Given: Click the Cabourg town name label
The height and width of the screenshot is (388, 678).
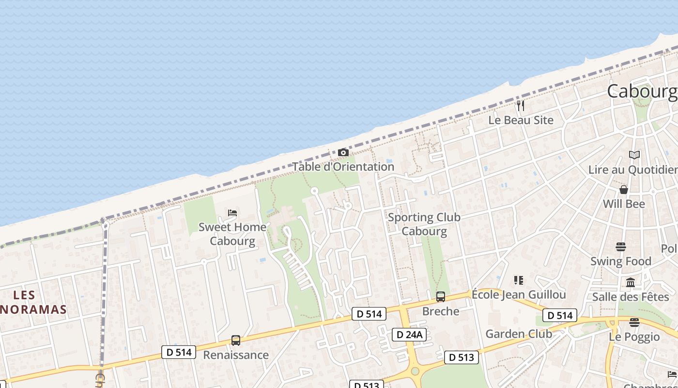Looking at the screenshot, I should [x=642, y=91].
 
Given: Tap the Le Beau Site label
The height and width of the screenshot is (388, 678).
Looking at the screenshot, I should [x=521, y=120].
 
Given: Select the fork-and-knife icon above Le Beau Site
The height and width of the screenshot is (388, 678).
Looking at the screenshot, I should [x=521, y=105].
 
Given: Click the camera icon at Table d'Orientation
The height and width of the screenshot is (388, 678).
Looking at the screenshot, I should [x=343, y=153].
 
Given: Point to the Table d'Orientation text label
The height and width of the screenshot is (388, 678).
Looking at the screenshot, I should [x=343, y=166].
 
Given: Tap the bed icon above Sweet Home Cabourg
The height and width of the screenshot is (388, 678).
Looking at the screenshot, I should [x=232, y=212].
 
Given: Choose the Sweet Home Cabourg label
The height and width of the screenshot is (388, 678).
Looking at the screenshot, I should [x=232, y=233].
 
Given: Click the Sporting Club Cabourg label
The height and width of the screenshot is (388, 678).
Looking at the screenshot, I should [x=424, y=224].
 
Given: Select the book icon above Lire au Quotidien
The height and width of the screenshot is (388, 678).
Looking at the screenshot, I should [x=634, y=155].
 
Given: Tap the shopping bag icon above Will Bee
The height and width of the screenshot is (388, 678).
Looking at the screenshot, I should [x=624, y=189].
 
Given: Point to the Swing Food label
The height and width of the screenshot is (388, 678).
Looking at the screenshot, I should [x=621, y=261].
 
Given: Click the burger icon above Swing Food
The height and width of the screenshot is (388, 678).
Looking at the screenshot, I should [x=621, y=247].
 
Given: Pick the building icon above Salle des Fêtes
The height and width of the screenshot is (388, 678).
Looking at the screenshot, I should [x=631, y=282].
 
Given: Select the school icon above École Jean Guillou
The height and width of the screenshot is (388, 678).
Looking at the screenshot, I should [x=519, y=280].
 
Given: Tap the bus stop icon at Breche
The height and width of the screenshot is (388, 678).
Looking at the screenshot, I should [x=441, y=296].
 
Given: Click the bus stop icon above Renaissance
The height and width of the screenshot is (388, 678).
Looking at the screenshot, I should [x=236, y=340].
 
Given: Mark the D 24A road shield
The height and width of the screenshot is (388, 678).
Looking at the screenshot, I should [x=409, y=334].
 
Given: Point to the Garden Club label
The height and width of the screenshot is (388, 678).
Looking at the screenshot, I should [x=519, y=334].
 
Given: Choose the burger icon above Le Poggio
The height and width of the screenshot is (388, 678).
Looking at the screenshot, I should [x=634, y=323].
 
